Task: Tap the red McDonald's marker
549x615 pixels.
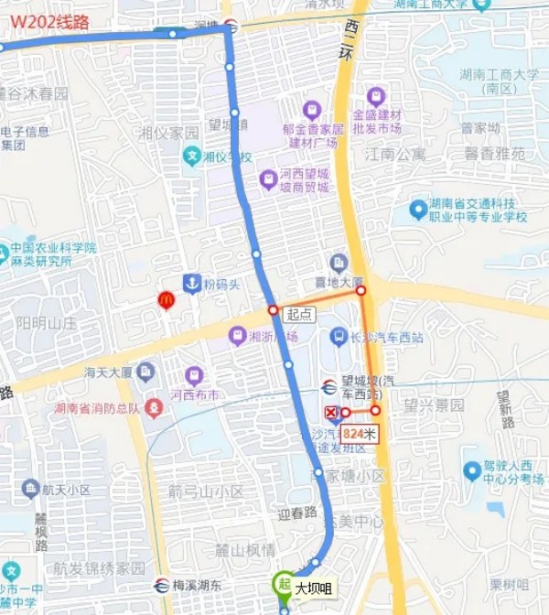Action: pyautogui.click(x=167, y=298)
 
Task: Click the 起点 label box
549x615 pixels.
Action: pyautogui.click(x=299, y=314)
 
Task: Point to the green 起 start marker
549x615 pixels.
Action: pyautogui.click(x=284, y=582)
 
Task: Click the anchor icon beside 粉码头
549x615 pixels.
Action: pyautogui.click(x=191, y=284)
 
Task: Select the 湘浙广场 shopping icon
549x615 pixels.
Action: pyautogui.click(x=238, y=336)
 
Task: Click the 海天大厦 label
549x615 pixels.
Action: pyautogui.click(x=108, y=372)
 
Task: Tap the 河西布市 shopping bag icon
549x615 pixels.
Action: pyautogui.click(x=194, y=375)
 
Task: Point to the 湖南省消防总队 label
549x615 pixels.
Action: pyautogui.click(x=96, y=408)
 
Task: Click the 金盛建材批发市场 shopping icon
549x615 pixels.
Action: pyautogui.click(x=375, y=96)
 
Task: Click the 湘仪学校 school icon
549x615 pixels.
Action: pyautogui.click(x=192, y=156)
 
